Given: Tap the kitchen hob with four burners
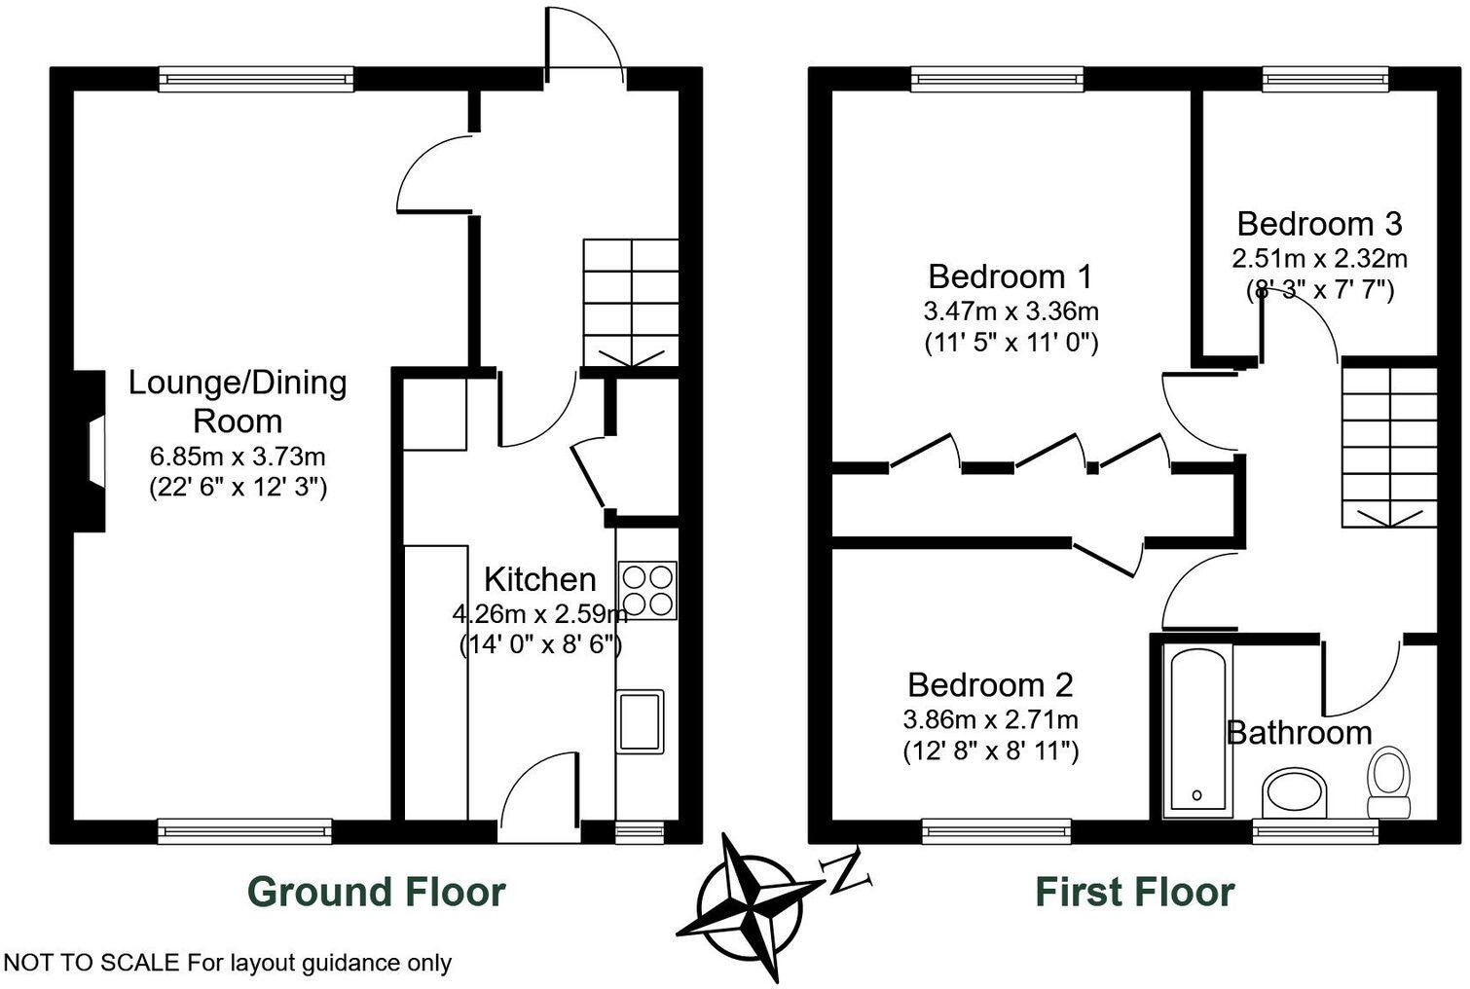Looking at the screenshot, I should (x=647, y=591).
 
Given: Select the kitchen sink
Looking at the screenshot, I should (x=640, y=721).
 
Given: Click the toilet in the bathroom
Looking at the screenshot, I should (x=1389, y=783).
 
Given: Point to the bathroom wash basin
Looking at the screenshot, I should (x=1294, y=792).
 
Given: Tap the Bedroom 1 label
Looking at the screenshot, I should (x=1010, y=276).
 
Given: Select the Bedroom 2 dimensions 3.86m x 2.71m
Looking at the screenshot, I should (x=990, y=720).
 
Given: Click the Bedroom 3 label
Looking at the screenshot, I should (x=1319, y=224).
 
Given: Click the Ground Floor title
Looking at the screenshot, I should (x=376, y=892).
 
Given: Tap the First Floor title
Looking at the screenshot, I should (x=1134, y=892).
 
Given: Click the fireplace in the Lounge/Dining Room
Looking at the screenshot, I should (x=91, y=451).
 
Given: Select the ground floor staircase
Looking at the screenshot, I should (x=630, y=303).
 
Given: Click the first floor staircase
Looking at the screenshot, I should (x=1389, y=443).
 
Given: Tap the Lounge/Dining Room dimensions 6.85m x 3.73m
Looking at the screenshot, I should (x=238, y=456).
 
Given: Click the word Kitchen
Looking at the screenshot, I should (x=539, y=579).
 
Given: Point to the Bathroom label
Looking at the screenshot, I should (x=1299, y=732).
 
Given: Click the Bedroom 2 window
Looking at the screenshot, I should (x=996, y=830).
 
